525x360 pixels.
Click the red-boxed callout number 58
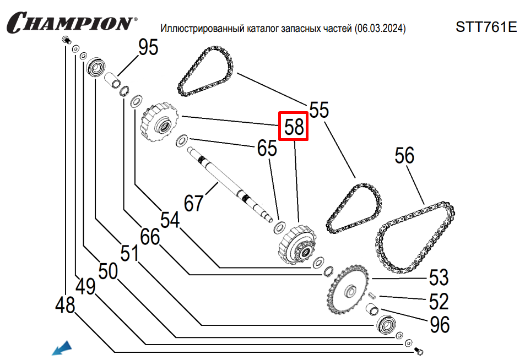coord(294,127)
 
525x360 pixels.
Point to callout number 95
coord(148,48)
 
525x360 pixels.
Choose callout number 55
coord(318,110)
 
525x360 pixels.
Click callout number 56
coord(404,156)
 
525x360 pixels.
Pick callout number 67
coord(193,203)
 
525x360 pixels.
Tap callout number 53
coord(439,278)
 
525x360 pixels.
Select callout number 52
coord(439,301)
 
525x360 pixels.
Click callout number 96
coord(439,324)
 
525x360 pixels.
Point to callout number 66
coord(149,237)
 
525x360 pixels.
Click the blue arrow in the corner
coord(62,348)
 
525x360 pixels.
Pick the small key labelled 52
coord(372,295)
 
